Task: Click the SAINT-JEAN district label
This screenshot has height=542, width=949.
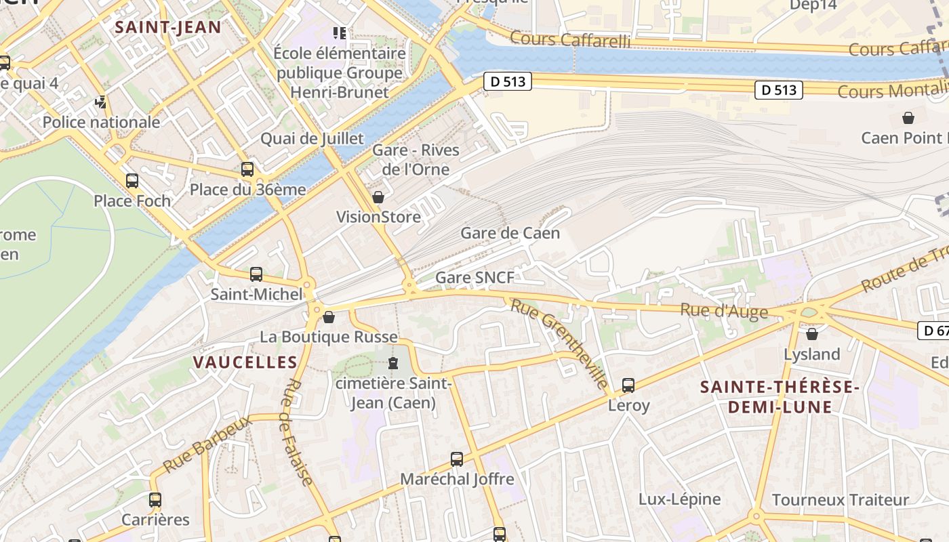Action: pyautogui.click(x=167, y=27)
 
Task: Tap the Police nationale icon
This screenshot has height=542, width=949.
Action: pyautogui.click(x=101, y=103)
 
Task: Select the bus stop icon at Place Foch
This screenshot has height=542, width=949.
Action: pyautogui.click(x=132, y=181)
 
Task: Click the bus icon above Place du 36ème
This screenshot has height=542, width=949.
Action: pyautogui.click(x=247, y=169)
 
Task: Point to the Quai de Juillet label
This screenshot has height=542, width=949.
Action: pyautogui.click(x=312, y=138)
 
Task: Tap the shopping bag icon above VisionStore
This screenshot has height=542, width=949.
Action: pyautogui.click(x=378, y=197)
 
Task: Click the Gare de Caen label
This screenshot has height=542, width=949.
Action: pyautogui.click(x=510, y=233)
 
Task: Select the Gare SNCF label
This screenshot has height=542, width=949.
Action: pyautogui.click(x=474, y=277)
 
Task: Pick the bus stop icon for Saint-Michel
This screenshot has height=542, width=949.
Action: pyautogui.click(x=256, y=274)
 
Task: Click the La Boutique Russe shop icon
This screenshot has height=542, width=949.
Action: pyautogui.click(x=329, y=317)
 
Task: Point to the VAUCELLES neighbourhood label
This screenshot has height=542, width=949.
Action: pyautogui.click(x=245, y=362)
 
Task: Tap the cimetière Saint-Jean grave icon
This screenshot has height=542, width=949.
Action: pyautogui.click(x=393, y=364)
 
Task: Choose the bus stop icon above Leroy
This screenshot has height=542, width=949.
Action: pyautogui.click(x=628, y=385)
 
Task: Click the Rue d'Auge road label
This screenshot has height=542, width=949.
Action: pyautogui.click(x=723, y=311)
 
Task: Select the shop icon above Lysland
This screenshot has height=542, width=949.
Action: pyautogui.click(x=812, y=334)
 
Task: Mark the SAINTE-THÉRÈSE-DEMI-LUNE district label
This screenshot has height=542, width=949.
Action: pyautogui.click(x=780, y=397)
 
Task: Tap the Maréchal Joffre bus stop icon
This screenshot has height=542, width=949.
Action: pyautogui.click(x=457, y=459)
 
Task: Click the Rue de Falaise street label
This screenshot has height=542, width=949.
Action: pyautogui.click(x=297, y=432)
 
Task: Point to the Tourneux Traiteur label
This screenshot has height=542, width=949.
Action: pyautogui.click(x=840, y=500)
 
